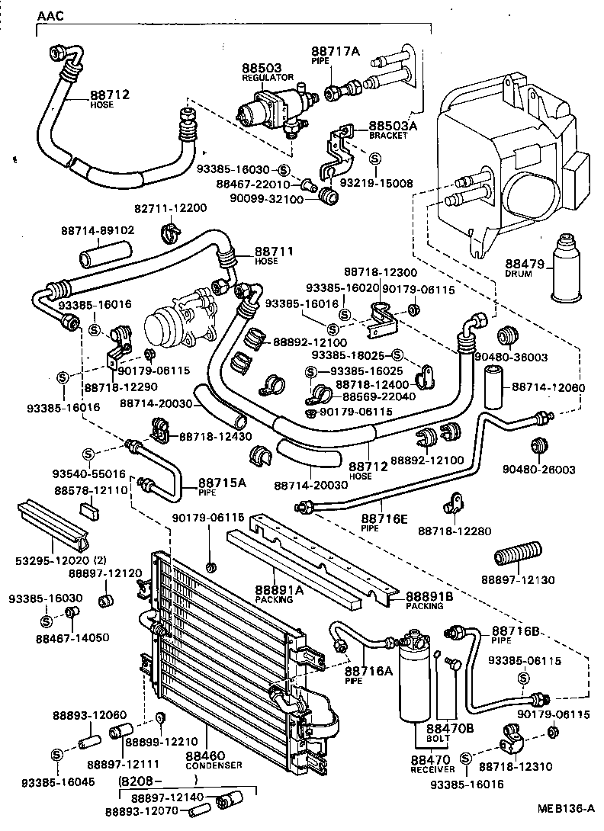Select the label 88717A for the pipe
point(335,51)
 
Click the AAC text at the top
point(50,15)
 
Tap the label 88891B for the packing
point(429,596)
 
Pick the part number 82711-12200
point(171,209)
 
